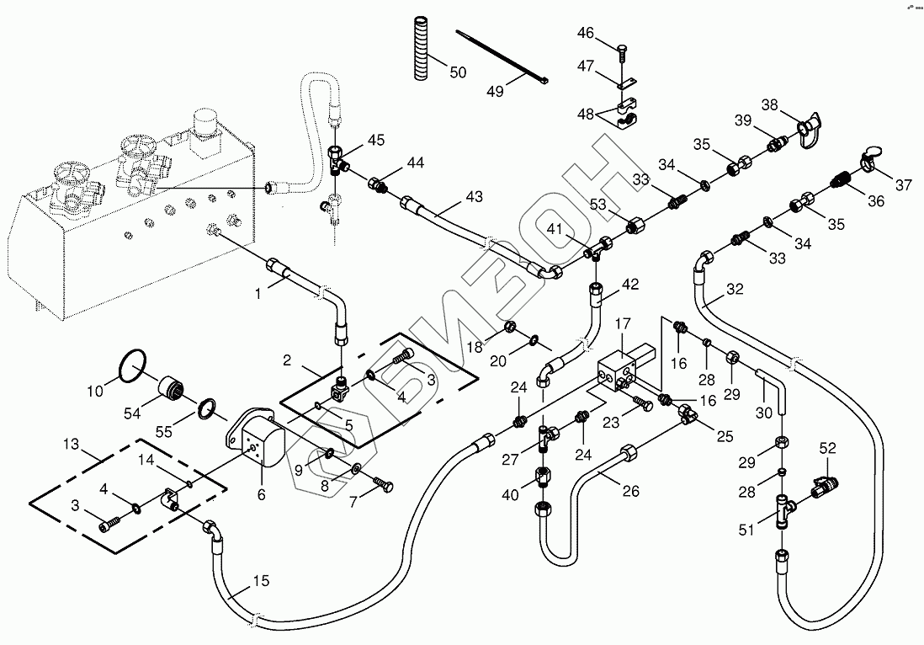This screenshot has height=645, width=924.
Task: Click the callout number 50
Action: tap(457, 72)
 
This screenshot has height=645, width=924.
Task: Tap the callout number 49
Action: tap(495, 91)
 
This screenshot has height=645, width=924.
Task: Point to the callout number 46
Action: tap(586, 34)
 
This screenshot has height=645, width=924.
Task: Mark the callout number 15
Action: tap(261, 581)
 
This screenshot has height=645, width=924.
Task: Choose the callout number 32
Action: tap(735, 289)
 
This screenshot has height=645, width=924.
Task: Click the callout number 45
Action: tap(375, 140)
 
